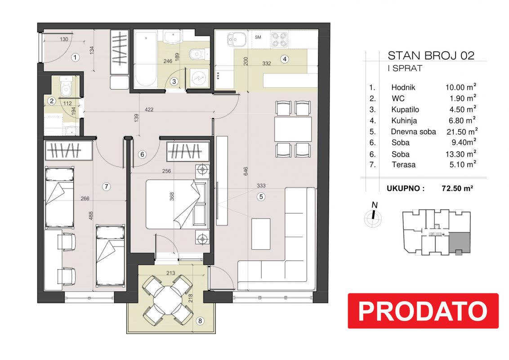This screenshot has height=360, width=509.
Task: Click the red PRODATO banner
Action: (423, 310)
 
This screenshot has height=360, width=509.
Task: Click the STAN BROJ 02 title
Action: (431, 55)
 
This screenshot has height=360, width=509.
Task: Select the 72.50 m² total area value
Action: (457, 188)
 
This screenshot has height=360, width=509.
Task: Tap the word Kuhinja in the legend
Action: (404, 121)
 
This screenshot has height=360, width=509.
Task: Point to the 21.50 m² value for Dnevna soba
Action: (461, 131)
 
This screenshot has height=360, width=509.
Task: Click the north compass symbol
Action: (373, 216)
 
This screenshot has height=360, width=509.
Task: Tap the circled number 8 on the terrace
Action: (200, 321)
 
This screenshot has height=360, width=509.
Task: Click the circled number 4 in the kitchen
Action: (285, 59)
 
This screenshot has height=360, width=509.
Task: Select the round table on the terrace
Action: (168, 299)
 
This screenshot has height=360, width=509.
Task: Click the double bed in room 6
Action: (176, 205)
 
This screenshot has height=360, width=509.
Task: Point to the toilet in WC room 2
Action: (66, 87)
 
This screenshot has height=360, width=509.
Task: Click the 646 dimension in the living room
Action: (246, 171)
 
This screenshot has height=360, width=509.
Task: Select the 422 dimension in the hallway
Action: (149, 109)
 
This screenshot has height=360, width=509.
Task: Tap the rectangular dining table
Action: (293, 129)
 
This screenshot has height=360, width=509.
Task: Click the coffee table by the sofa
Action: (261, 234)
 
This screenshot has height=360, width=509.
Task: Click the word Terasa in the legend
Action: (403, 164)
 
